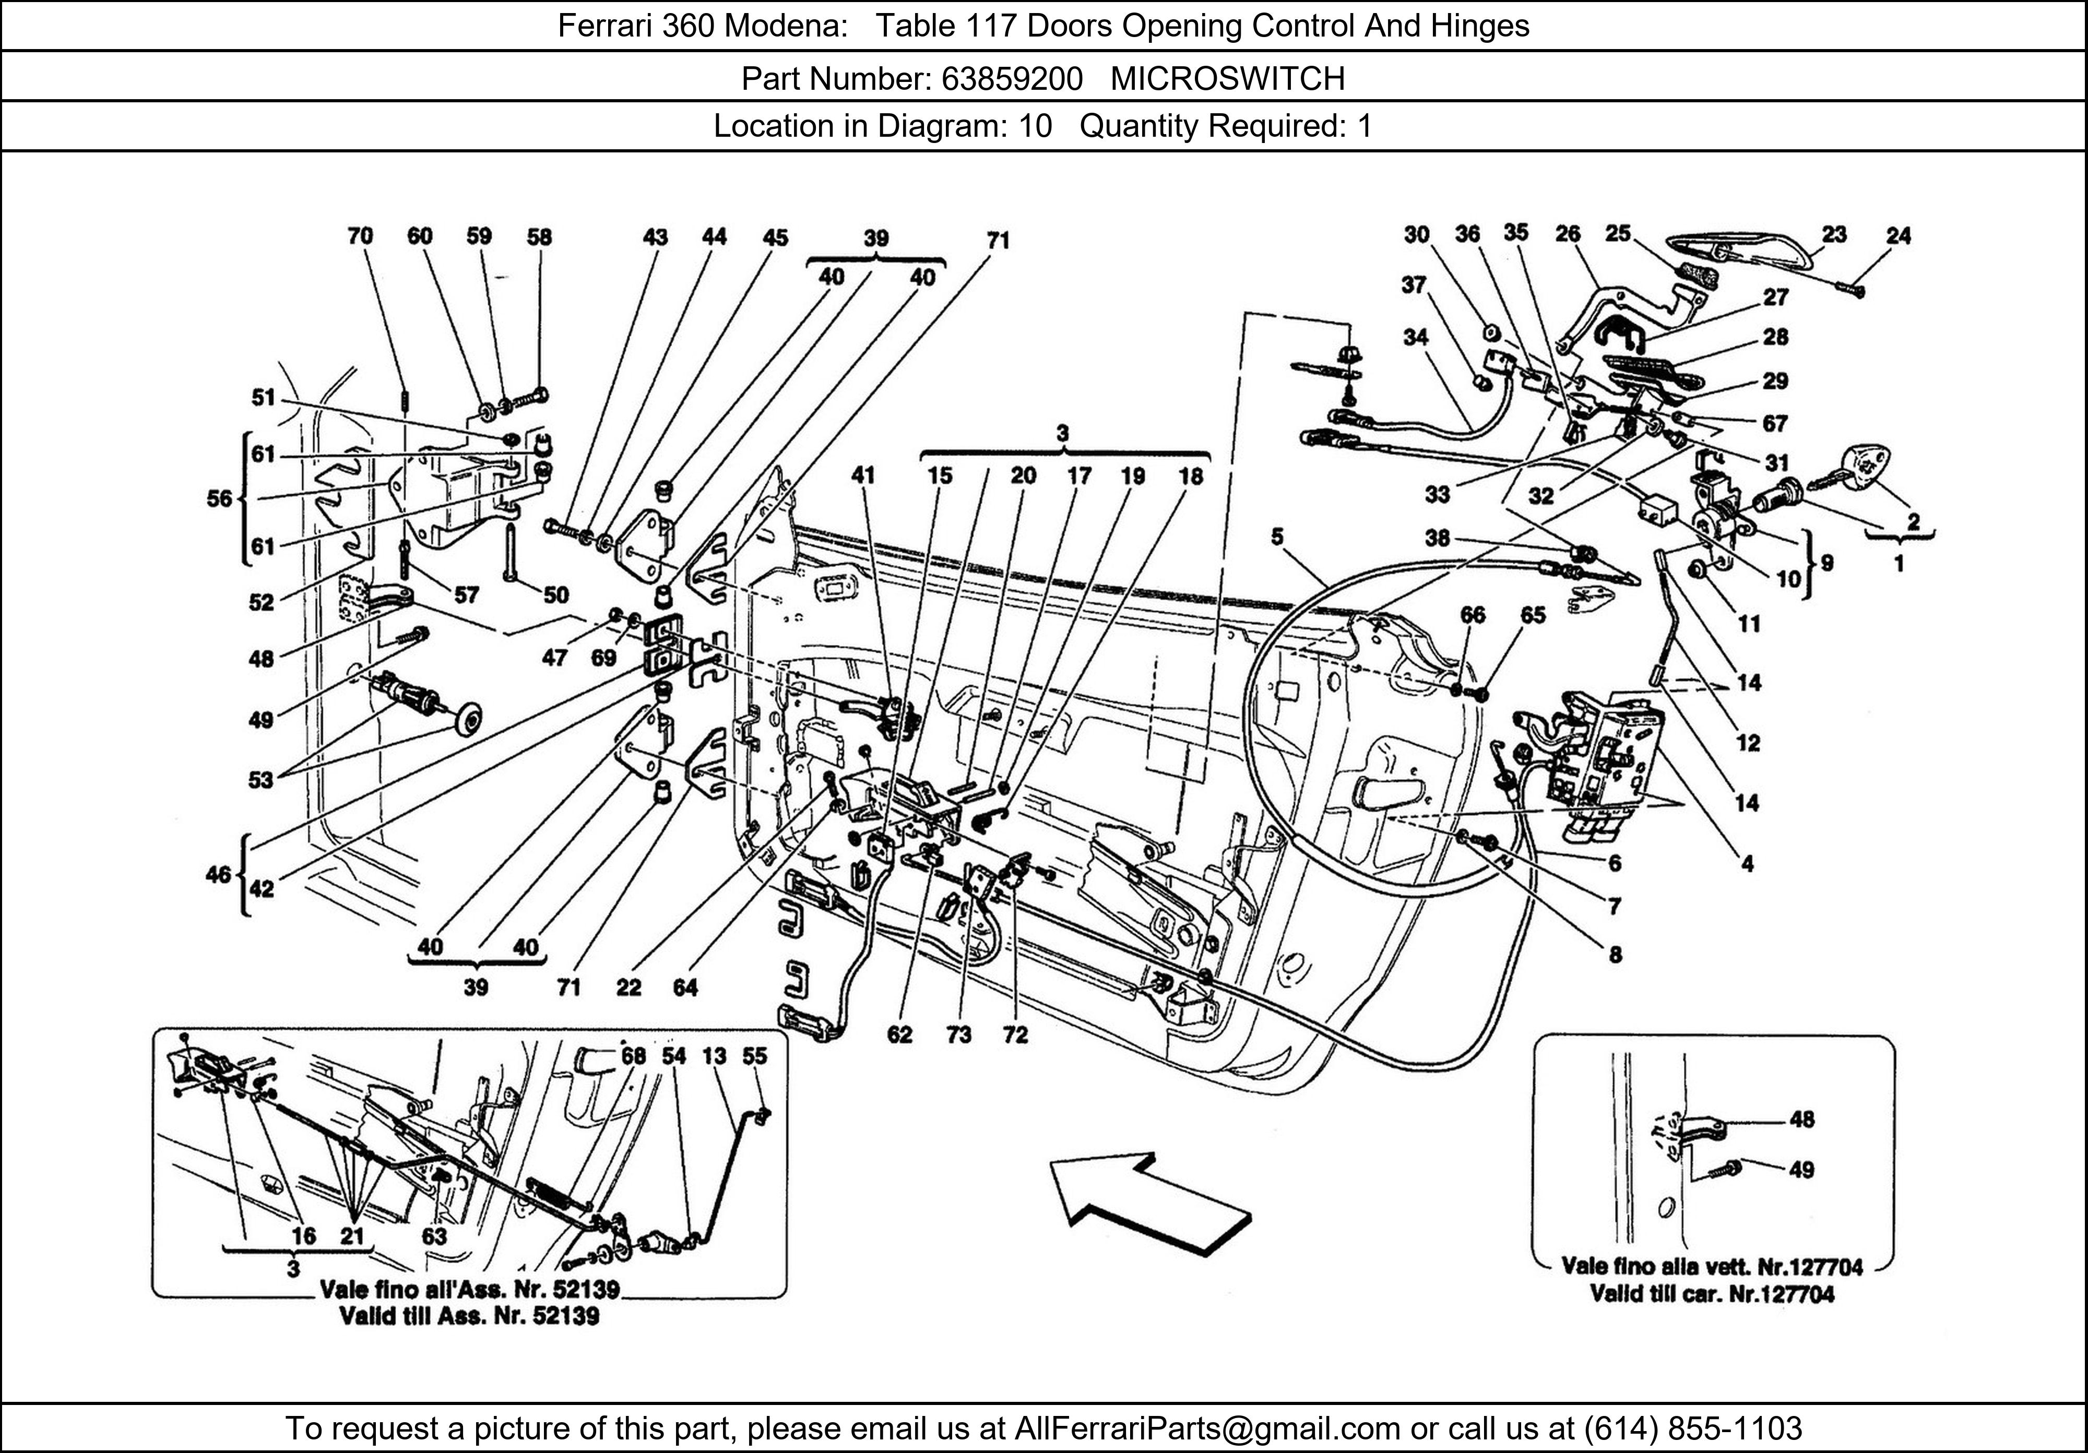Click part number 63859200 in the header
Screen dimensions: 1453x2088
(x=1011, y=79)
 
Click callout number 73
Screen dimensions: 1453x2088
(x=958, y=1035)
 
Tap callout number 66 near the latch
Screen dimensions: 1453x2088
(x=1473, y=615)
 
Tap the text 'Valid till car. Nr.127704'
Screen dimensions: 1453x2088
(x=1712, y=1294)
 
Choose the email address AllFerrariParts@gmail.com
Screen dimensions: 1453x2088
(x=1207, y=1428)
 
